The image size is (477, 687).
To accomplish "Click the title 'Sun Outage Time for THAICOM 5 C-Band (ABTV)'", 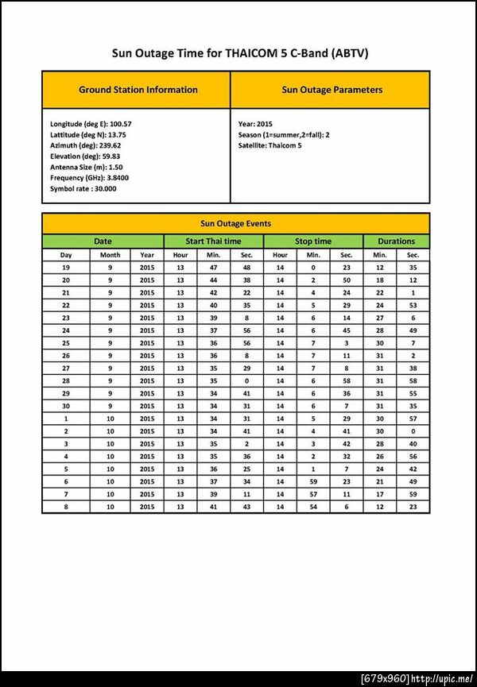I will (x=238, y=53).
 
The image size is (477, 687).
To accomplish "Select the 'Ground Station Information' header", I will (x=138, y=90).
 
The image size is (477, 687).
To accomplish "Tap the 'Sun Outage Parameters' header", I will (x=332, y=90).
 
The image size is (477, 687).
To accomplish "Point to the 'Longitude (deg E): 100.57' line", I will (x=91, y=125).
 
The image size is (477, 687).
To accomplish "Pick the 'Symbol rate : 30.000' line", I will (x=83, y=188).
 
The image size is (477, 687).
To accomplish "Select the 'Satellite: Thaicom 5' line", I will (x=270, y=145).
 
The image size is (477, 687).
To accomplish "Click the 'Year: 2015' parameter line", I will (x=255, y=125).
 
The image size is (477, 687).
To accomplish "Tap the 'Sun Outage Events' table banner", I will (x=235, y=224).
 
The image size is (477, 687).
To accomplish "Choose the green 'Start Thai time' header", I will (x=213, y=241).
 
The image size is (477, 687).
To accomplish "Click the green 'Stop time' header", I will (x=313, y=241).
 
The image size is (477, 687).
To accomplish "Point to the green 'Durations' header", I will (x=397, y=241).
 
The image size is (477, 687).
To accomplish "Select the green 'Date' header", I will (x=103, y=241).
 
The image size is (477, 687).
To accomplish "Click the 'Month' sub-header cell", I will (x=111, y=255).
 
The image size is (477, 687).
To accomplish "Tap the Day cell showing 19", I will (x=66, y=268).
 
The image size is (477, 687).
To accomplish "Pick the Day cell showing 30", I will (x=66, y=406).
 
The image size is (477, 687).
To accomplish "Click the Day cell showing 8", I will (x=66, y=507).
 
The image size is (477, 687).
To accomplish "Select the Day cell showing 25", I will (x=66, y=343).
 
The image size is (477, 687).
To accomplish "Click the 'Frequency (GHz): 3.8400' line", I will (x=89, y=178).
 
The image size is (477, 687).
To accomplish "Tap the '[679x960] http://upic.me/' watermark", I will (x=417, y=678).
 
